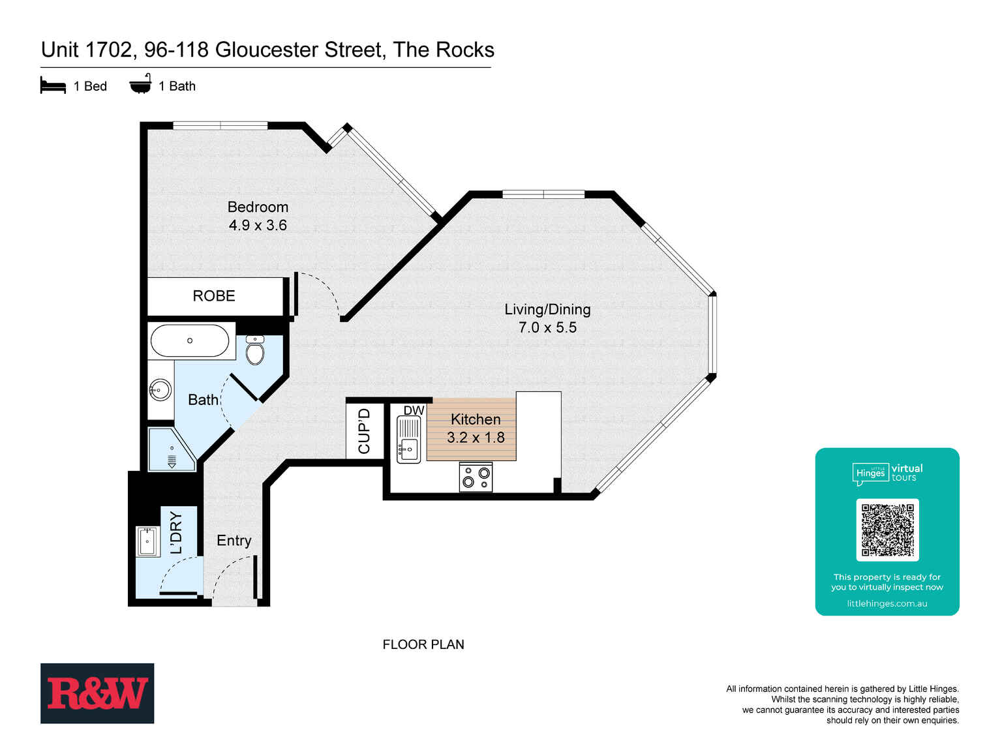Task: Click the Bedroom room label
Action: point(258,207)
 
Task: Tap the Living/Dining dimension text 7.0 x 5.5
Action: point(547,327)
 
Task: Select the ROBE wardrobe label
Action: point(214,296)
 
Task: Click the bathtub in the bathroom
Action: point(190,340)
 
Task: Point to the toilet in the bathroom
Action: point(255,351)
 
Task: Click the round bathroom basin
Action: point(160,390)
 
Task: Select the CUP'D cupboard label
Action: point(364,431)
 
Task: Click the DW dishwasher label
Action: point(414,410)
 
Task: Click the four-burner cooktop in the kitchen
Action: point(476,477)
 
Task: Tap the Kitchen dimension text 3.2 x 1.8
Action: point(476,438)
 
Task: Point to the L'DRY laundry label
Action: point(176,532)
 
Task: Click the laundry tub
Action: point(147,541)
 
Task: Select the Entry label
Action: point(234,541)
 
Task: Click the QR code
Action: point(887,530)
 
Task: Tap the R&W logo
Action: point(97,693)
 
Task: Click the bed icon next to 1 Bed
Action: point(53,86)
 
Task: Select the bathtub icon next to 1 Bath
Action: point(140,85)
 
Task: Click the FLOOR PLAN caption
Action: point(423,644)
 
